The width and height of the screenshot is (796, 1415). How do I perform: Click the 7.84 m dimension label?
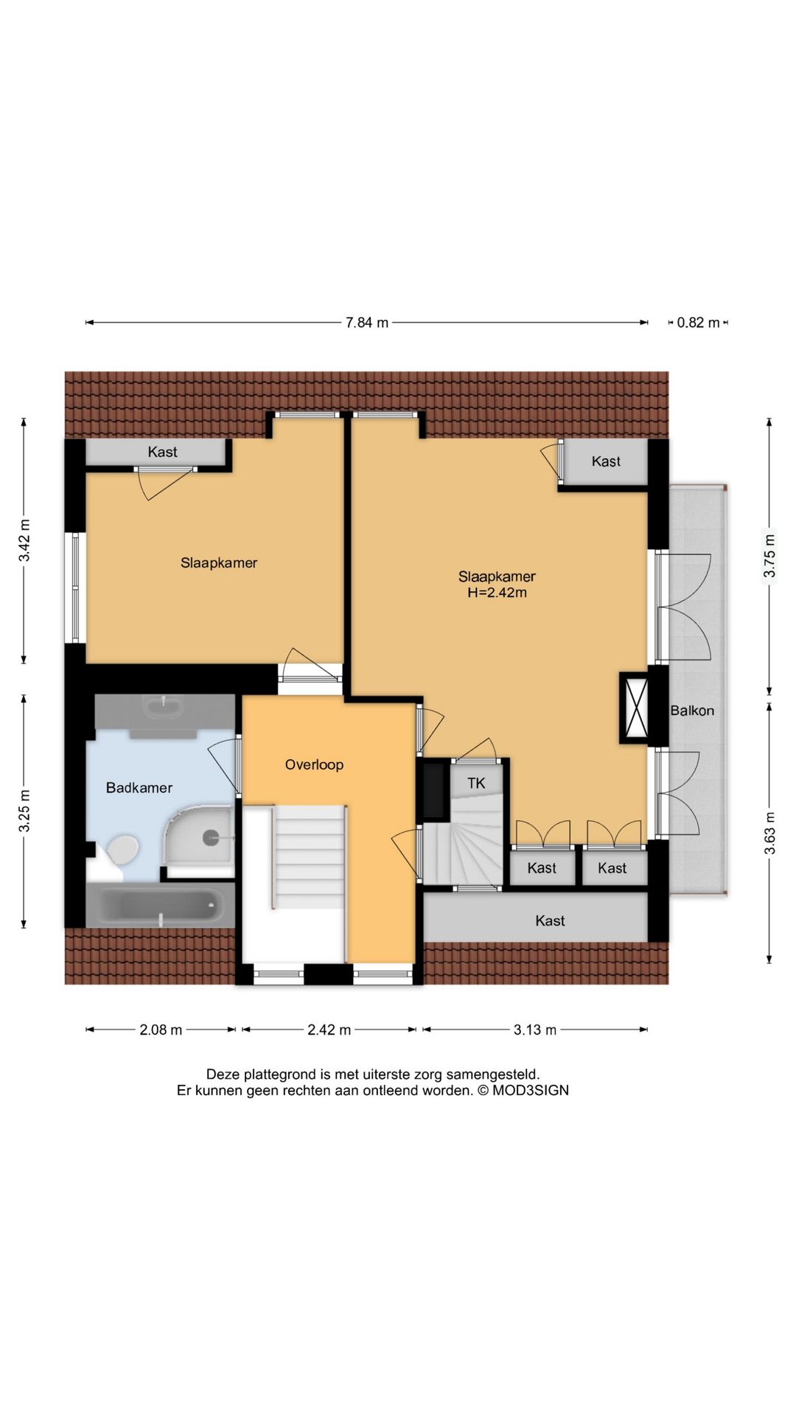[x=367, y=323]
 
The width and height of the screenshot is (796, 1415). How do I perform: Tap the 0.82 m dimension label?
[x=698, y=323]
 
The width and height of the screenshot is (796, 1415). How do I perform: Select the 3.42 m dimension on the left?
[x=24, y=540]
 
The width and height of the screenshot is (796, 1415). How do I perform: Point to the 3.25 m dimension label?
[x=24, y=811]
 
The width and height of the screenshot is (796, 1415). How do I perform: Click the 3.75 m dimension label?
[x=769, y=556]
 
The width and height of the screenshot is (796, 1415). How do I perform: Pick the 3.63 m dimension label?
[x=769, y=833]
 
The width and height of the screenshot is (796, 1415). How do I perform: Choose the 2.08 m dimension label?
[x=161, y=1030]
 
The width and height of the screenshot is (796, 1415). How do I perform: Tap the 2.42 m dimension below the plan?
[x=329, y=1030]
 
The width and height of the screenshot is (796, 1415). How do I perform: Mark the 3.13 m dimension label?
[x=535, y=1030]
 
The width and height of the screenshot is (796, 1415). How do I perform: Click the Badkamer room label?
[x=139, y=788]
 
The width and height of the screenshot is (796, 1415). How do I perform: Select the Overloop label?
[x=314, y=765]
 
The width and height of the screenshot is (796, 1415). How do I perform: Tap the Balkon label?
[x=692, y=711]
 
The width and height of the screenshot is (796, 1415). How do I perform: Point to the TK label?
[x=476, y=783]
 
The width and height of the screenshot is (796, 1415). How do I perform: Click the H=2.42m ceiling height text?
[x=497, y=593]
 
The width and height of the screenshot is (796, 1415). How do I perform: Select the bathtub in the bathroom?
[x=161, y=904]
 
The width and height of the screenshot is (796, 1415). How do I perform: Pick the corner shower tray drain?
[x=212, y=836]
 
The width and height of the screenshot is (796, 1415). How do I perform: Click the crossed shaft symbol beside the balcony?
[x=635, y=708]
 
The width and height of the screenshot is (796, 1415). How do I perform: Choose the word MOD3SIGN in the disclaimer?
[x=531, y=1091]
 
